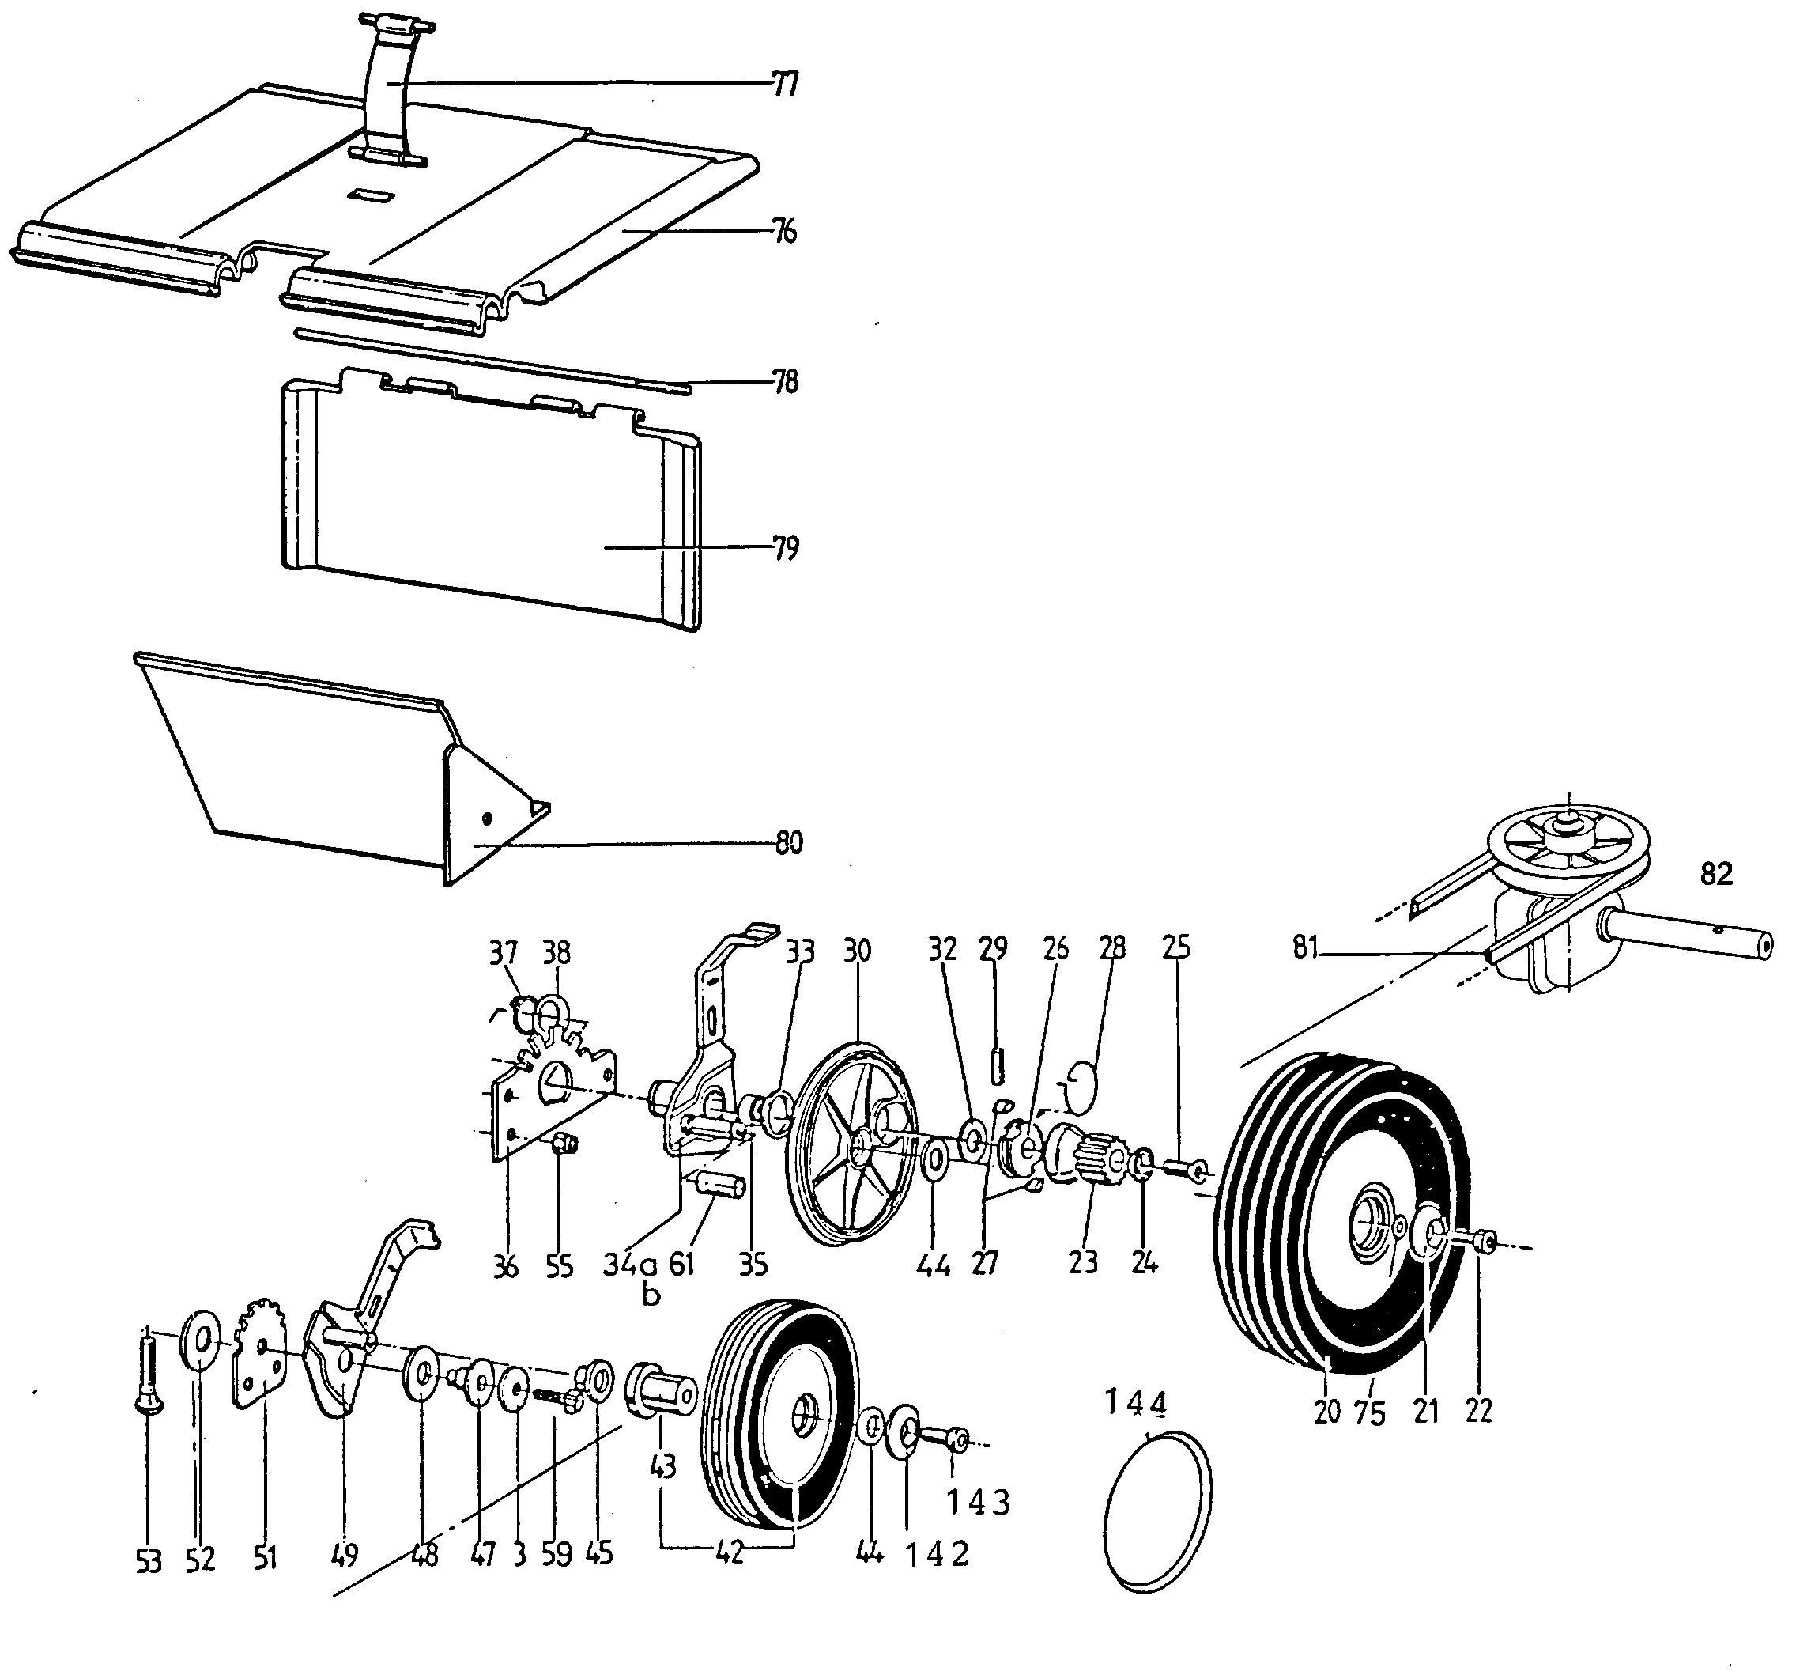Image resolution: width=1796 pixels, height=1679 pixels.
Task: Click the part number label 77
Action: pos(785,85)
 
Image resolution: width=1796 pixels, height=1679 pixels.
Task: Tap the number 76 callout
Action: pos(784,233)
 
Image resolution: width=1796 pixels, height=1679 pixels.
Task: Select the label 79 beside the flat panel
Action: pos(785,549)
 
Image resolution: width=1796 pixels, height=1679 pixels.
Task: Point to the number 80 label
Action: pos(788,843)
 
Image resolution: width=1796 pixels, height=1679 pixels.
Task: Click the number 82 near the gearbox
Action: pos(1716,874)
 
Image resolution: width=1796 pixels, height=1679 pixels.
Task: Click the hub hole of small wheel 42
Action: pos(802,1416)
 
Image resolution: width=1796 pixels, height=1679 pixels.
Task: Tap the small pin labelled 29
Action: pos(998,1064)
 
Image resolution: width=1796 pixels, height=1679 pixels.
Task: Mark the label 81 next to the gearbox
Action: pos(1305,949)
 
